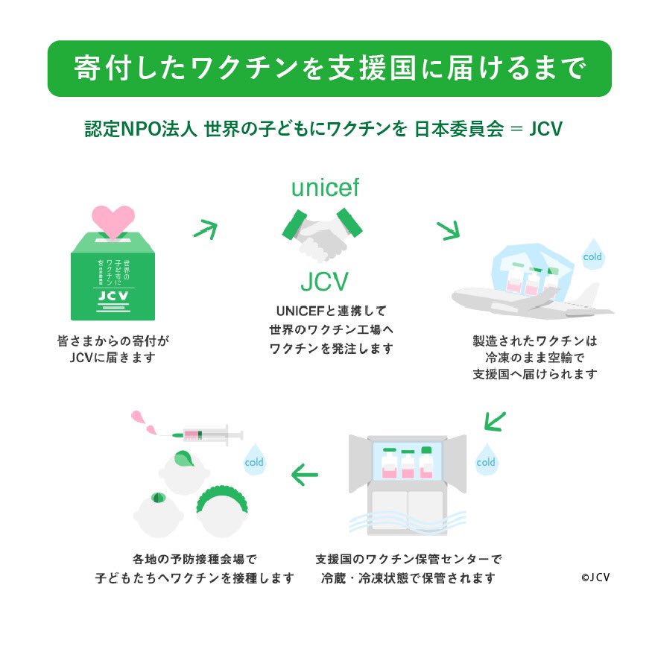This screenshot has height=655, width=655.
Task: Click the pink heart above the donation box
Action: [113, 219]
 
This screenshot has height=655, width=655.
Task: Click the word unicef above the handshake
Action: [325, 188]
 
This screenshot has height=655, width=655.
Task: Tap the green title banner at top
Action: [329, 69]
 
